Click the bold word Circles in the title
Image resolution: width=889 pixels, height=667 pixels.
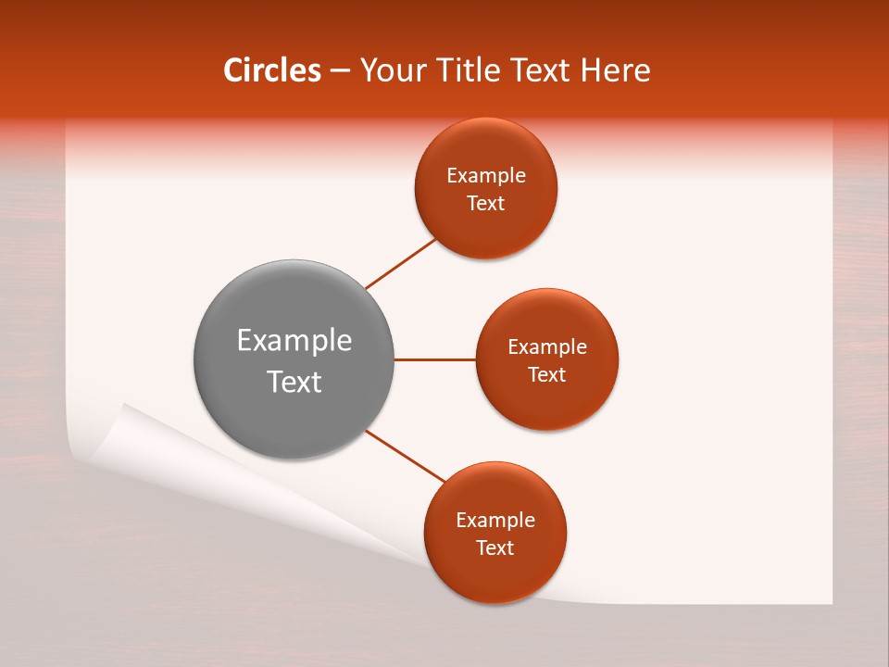[271, 70]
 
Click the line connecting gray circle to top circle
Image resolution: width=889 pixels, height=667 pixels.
[401, 263]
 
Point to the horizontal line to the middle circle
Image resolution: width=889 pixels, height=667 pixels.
[434, 359]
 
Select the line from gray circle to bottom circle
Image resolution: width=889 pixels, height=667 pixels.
[406, 456]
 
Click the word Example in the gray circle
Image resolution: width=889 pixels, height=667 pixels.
[294, 341]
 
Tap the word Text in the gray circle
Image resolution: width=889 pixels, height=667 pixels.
[294, 382]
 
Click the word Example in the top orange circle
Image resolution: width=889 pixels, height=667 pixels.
[485, 176]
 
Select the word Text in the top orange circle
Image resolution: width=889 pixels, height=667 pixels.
[485, 204]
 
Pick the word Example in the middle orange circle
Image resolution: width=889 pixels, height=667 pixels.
[546, 347]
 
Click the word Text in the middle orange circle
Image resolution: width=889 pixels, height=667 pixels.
[546, 375]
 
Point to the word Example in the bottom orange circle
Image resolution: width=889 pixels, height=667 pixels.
[495, 521]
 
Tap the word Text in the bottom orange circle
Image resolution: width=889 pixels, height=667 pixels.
[495, 548]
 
